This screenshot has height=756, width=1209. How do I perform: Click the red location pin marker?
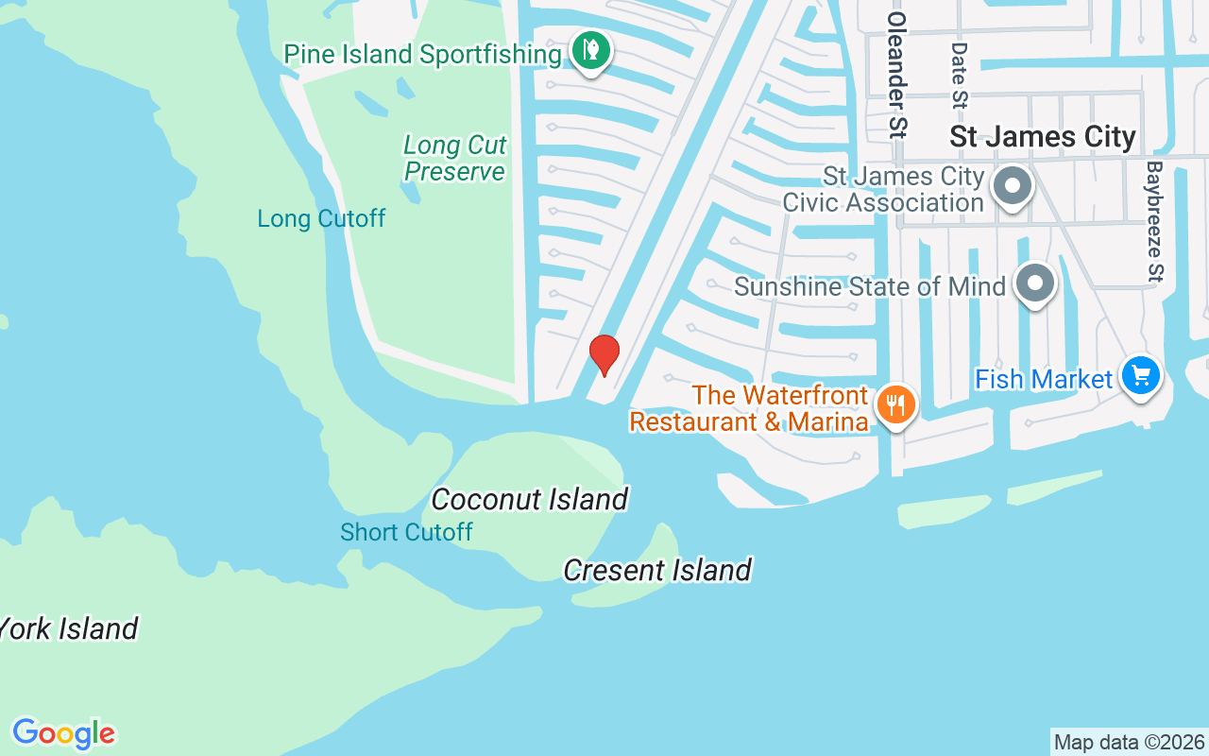(x=604, y=354)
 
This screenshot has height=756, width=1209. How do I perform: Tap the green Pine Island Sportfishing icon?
(x=591, y=50)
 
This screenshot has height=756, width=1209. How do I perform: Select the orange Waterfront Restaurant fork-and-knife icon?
(x=894, y=405)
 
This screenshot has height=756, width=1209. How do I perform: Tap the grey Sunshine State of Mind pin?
(x=1035, y=283)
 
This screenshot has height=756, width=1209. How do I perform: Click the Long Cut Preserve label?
(x=455, y=158)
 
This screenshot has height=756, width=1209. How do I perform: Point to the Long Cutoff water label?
(x=321, y=218)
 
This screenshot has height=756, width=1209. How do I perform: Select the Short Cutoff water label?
(x=406, y=532)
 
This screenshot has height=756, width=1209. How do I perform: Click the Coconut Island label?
(x=529, y=499)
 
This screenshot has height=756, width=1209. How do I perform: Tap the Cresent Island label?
(x=657, y=570)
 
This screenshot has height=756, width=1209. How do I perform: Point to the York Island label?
(x=70, y=628)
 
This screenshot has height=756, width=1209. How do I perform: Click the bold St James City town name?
(x=1043, y=137)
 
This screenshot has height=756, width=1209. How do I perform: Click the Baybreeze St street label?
(x=1154, y=221)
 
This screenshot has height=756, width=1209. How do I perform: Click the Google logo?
(x=63, y=733)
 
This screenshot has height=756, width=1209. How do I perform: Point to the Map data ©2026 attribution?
(x=1129, y=743)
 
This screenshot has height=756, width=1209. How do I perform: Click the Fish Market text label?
(x=1044, y=379)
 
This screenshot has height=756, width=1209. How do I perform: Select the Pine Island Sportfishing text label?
(x=422, y=54)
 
